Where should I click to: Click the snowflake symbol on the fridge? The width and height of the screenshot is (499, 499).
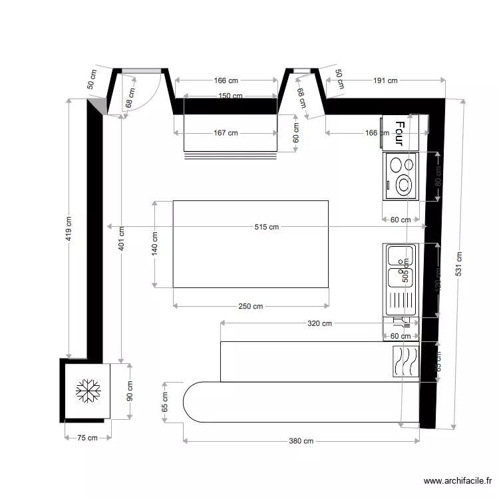click(86, 391)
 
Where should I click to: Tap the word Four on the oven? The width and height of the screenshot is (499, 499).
click(399, 132)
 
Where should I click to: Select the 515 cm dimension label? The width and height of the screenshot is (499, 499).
click(266, 227)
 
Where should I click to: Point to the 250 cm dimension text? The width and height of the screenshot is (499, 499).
click(251, 306)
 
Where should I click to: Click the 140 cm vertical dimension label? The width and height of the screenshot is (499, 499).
click(154, 244)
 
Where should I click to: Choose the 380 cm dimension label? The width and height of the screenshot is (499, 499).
click(301, 440)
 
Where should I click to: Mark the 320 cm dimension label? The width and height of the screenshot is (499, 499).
click(319, 324)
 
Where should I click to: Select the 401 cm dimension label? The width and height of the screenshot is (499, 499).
click(121, 238)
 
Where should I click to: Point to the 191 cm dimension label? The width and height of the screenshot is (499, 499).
click(385, 81)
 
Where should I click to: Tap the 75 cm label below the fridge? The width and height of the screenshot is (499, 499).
click(86, 437)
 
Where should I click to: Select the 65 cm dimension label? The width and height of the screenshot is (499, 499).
click(165, 402)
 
